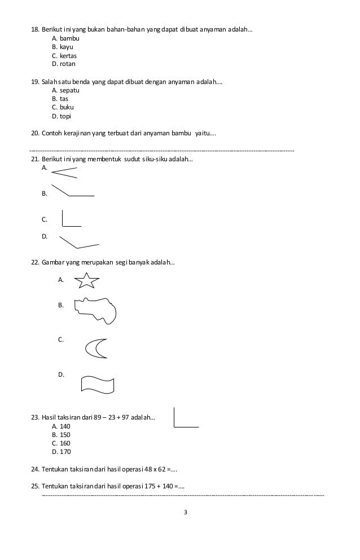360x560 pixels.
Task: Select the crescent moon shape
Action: pyautogui.click(x=96, y=348)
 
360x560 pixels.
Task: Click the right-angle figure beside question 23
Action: pyautogui.click(x=186, y=418)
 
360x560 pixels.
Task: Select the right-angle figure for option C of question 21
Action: pyautogui.click(x=71, y=219)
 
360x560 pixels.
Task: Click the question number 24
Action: pyautogui.click(x=34, y=469)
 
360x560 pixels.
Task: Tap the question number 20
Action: pyautogui.click(x=34, y=134)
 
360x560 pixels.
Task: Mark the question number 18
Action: pyautogui.click(x=34, y=29)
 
